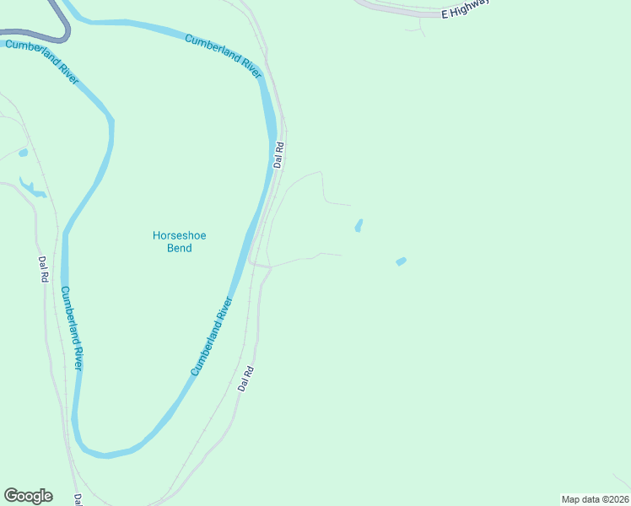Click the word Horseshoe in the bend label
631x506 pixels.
tap(179, 236)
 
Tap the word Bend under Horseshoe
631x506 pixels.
tap(179, 248)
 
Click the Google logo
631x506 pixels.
tap(28, 496)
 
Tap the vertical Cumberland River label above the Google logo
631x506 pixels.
tap(71, 329)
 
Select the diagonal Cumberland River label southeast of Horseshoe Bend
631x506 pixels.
tap(211, 336)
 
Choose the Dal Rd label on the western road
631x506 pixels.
tap(42, 269)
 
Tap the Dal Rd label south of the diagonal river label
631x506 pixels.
tap(245, 378)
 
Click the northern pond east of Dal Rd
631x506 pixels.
tap(359, 226)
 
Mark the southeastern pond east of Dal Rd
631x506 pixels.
tap(401, 261)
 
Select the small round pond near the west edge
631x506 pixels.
tap(23, 153)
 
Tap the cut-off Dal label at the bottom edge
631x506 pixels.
tap(78, 499)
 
